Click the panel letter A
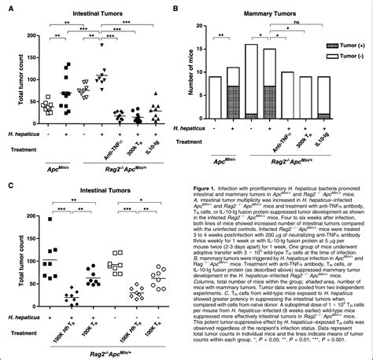[x=6, y=7]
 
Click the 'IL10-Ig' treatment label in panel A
[x=154, y=141]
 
